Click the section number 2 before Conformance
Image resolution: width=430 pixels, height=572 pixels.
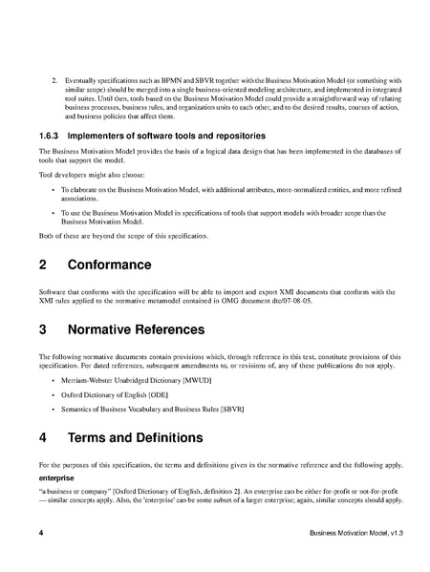(44, 263)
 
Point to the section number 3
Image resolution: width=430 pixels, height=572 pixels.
(44, 330)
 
